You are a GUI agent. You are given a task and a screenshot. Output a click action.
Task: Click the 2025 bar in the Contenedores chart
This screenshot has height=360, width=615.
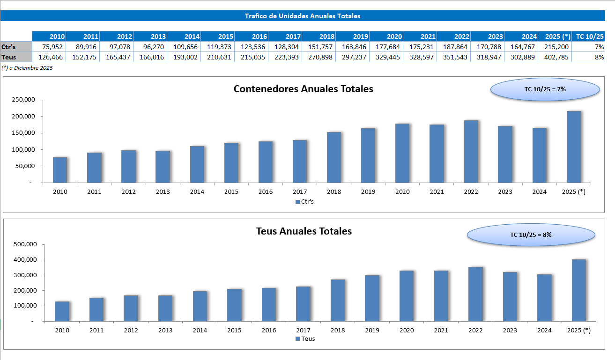[574, 147]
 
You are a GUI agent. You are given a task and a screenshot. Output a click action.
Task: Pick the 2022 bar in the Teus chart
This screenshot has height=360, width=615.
[475, 294]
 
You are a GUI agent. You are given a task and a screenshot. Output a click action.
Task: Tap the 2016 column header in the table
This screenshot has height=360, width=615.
[252, 37]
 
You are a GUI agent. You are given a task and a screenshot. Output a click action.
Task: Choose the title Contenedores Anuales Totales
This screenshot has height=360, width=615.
[303, 89]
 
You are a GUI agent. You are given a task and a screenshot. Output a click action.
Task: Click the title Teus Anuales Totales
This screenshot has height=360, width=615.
[304, 231]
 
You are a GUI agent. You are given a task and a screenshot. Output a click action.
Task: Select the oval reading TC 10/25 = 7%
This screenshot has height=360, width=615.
[545, 89]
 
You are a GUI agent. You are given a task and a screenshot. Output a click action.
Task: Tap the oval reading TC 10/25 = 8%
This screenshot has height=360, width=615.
[531, 235]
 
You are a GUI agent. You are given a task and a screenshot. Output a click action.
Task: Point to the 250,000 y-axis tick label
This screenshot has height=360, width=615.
[24, 100]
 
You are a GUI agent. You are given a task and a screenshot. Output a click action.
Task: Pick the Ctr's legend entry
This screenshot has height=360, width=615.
[305, 202]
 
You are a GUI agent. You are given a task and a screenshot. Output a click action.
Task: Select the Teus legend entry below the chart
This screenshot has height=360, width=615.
[305, 339]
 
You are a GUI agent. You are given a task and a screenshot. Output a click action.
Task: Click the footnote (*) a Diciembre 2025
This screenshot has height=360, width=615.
[27, 68]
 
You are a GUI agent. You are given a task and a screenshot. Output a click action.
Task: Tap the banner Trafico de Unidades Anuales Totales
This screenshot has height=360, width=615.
[302, 16]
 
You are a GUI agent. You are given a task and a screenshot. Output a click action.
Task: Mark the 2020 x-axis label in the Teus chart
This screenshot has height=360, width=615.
[407, 331]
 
